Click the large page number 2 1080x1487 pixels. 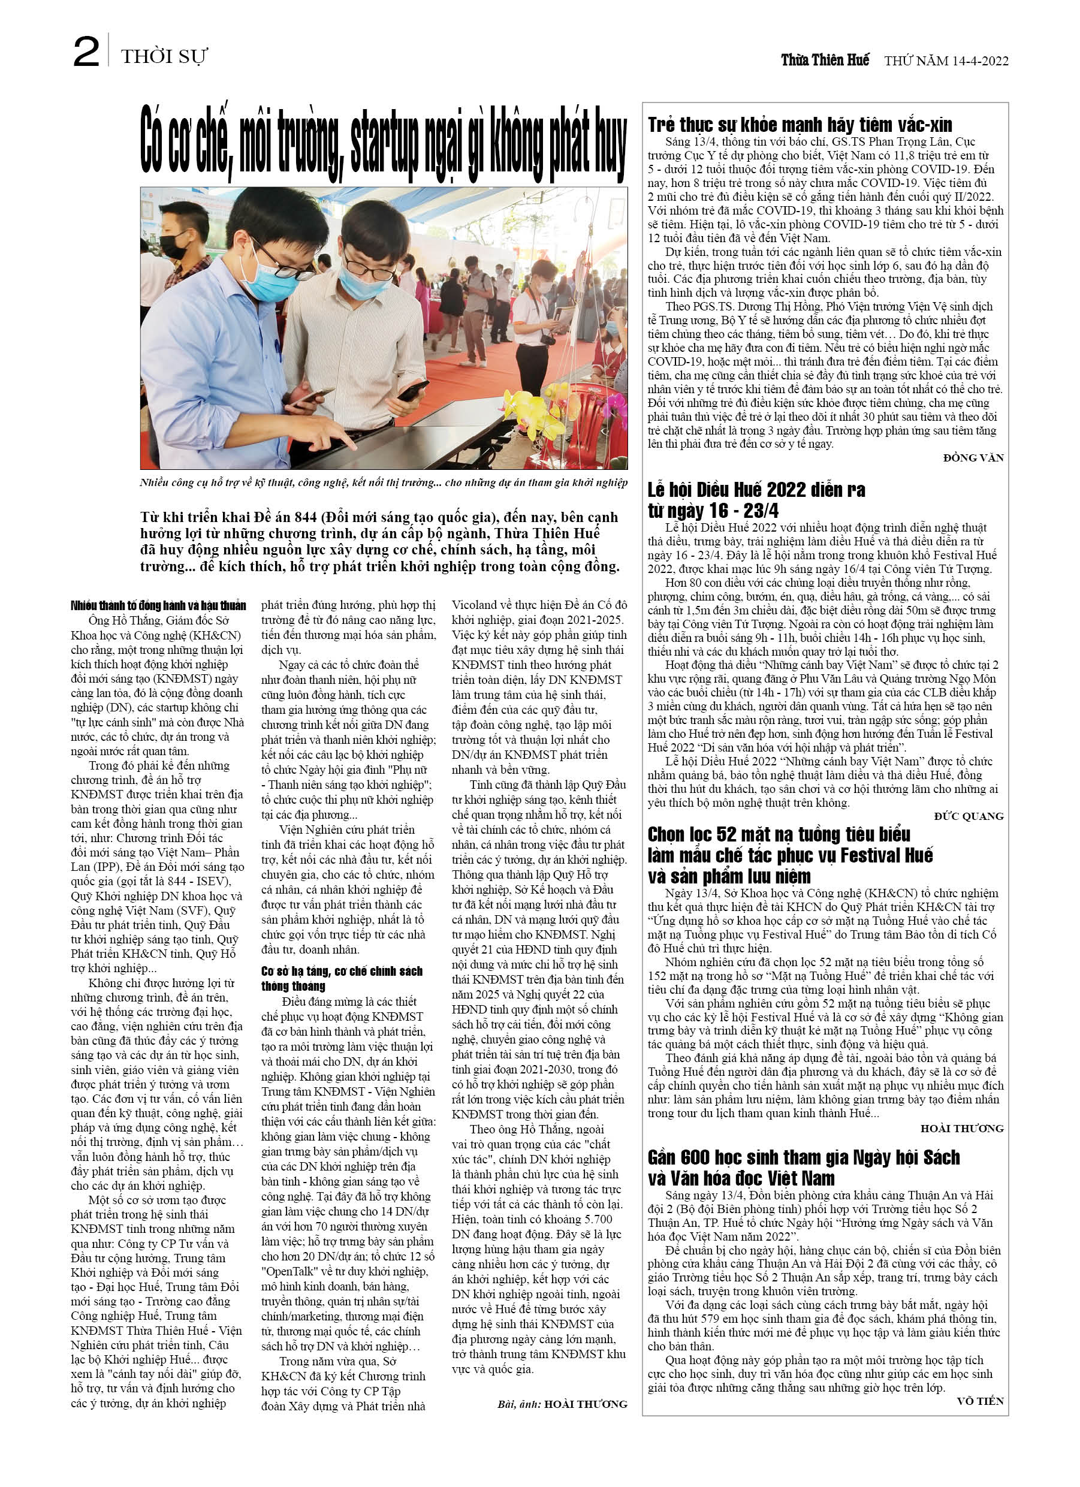click(86, 53)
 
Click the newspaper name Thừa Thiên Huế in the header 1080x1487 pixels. click(824, 61)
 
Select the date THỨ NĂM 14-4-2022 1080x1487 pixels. click(946, 61)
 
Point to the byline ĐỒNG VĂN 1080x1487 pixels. click(973, 458)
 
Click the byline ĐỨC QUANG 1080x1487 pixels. click(969, 816)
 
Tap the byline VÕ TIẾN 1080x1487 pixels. click(980, 1401)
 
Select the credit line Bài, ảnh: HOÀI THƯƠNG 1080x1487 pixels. click(562, 1404)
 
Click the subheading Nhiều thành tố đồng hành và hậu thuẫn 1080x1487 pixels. click(158, 605)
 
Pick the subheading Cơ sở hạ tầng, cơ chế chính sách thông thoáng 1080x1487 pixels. click(341, 978)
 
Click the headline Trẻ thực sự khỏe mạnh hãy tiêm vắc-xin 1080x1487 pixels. click(800, 125)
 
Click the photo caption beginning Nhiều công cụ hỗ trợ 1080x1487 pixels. click(384, 482)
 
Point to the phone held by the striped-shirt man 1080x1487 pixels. click(413, 390)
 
